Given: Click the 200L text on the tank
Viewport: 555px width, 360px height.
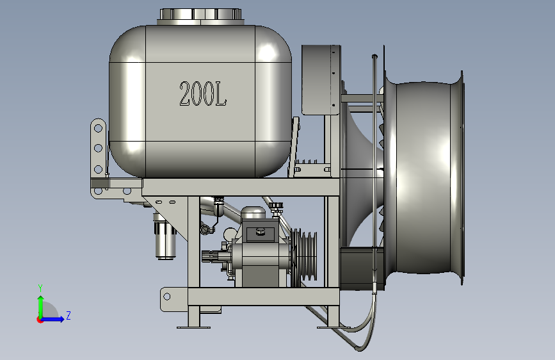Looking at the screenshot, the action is click(x=203, y=94).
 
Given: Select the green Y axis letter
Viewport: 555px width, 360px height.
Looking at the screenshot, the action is click(x=40, y=288).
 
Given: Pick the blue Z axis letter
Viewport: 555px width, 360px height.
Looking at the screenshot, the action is click(x=68, y=315).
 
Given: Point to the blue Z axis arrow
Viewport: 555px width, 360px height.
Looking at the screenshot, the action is click(x=52, y=319).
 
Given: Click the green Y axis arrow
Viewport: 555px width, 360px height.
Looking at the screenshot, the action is click(x=41, y=307).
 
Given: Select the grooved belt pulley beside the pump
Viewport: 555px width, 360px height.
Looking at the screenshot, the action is click(x=304, y=254).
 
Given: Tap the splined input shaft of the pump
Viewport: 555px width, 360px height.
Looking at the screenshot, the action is click(x=212, y=256).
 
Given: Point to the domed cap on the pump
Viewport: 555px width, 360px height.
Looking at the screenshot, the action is click(x=253, y=213).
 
